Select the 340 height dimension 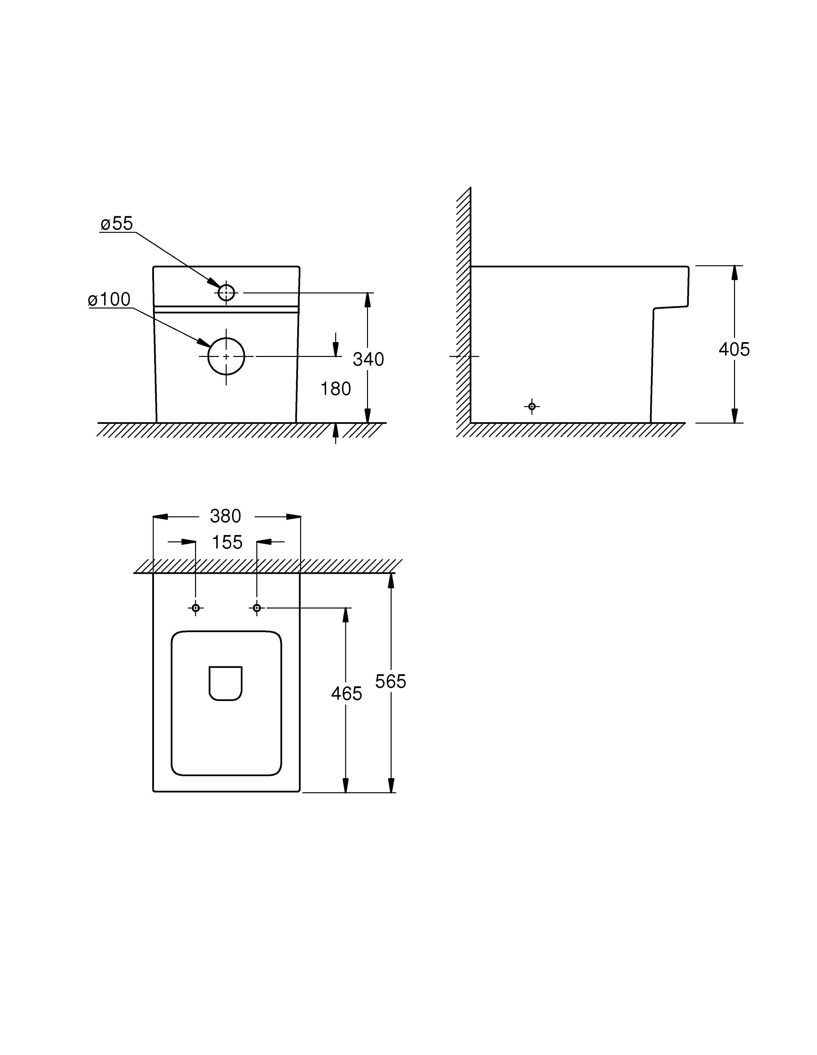point(368,359)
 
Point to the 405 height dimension point(734,349)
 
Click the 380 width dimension point(225,516)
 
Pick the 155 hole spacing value point(227,542)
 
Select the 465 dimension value point(346,694)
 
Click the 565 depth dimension point(391,682)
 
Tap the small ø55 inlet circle point(226,293)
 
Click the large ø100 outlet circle point(226,357)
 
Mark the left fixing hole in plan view point(196,608)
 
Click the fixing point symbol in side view point(532,407)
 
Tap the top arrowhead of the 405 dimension point(734,273)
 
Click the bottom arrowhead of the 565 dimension point(391,785)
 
